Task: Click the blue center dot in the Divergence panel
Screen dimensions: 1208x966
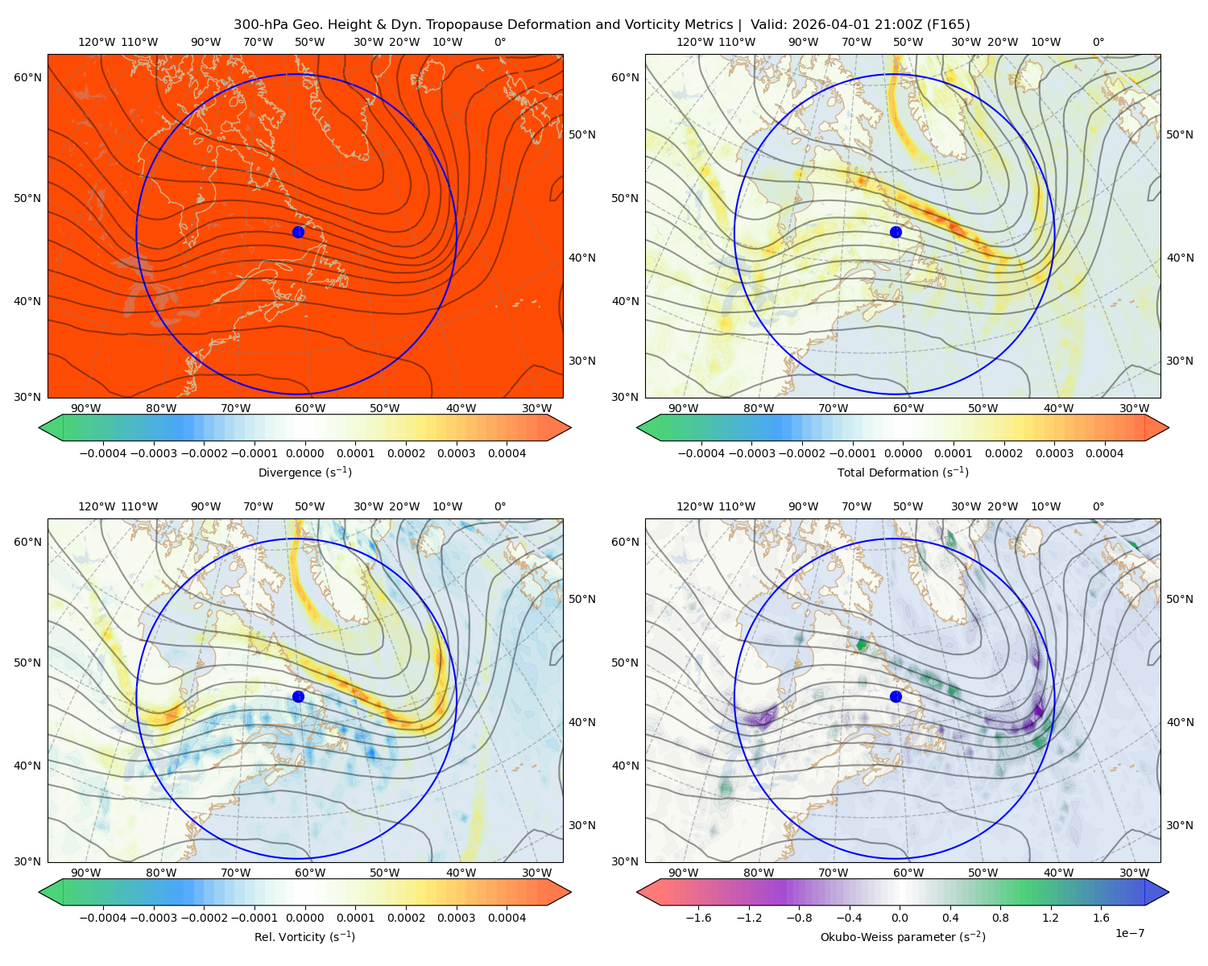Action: (298, 232)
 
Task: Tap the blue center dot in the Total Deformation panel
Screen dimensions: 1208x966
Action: (896, 232)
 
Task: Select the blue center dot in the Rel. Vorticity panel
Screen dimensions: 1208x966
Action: (298, 696)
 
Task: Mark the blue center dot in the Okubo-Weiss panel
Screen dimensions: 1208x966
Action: (896, 696)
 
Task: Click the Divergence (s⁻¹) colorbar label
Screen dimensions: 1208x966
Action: (304, 472)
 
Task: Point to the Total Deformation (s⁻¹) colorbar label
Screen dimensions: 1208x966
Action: (903, 472)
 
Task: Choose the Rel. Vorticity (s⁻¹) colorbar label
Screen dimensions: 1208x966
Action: (304, 936)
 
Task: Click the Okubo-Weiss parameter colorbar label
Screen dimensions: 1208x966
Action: (903, 936)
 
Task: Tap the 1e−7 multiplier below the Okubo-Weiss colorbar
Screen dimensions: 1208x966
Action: (1129, 933)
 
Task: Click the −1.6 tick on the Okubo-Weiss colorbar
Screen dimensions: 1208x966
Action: (698, 917)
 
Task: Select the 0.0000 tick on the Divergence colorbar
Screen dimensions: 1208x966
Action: (304, 453)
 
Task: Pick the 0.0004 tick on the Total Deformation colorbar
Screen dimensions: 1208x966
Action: (1104, 453)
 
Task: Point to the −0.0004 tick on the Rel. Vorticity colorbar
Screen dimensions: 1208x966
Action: (103, 917)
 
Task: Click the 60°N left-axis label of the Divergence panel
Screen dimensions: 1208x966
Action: (27, 77)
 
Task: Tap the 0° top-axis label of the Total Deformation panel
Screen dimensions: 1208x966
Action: (1098, 42)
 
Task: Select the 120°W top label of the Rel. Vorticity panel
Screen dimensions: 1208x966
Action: (97, 506)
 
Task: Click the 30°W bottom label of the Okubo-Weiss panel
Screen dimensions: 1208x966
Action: (1134, 873)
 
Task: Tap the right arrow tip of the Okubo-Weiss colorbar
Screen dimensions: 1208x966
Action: (1169, 892)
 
